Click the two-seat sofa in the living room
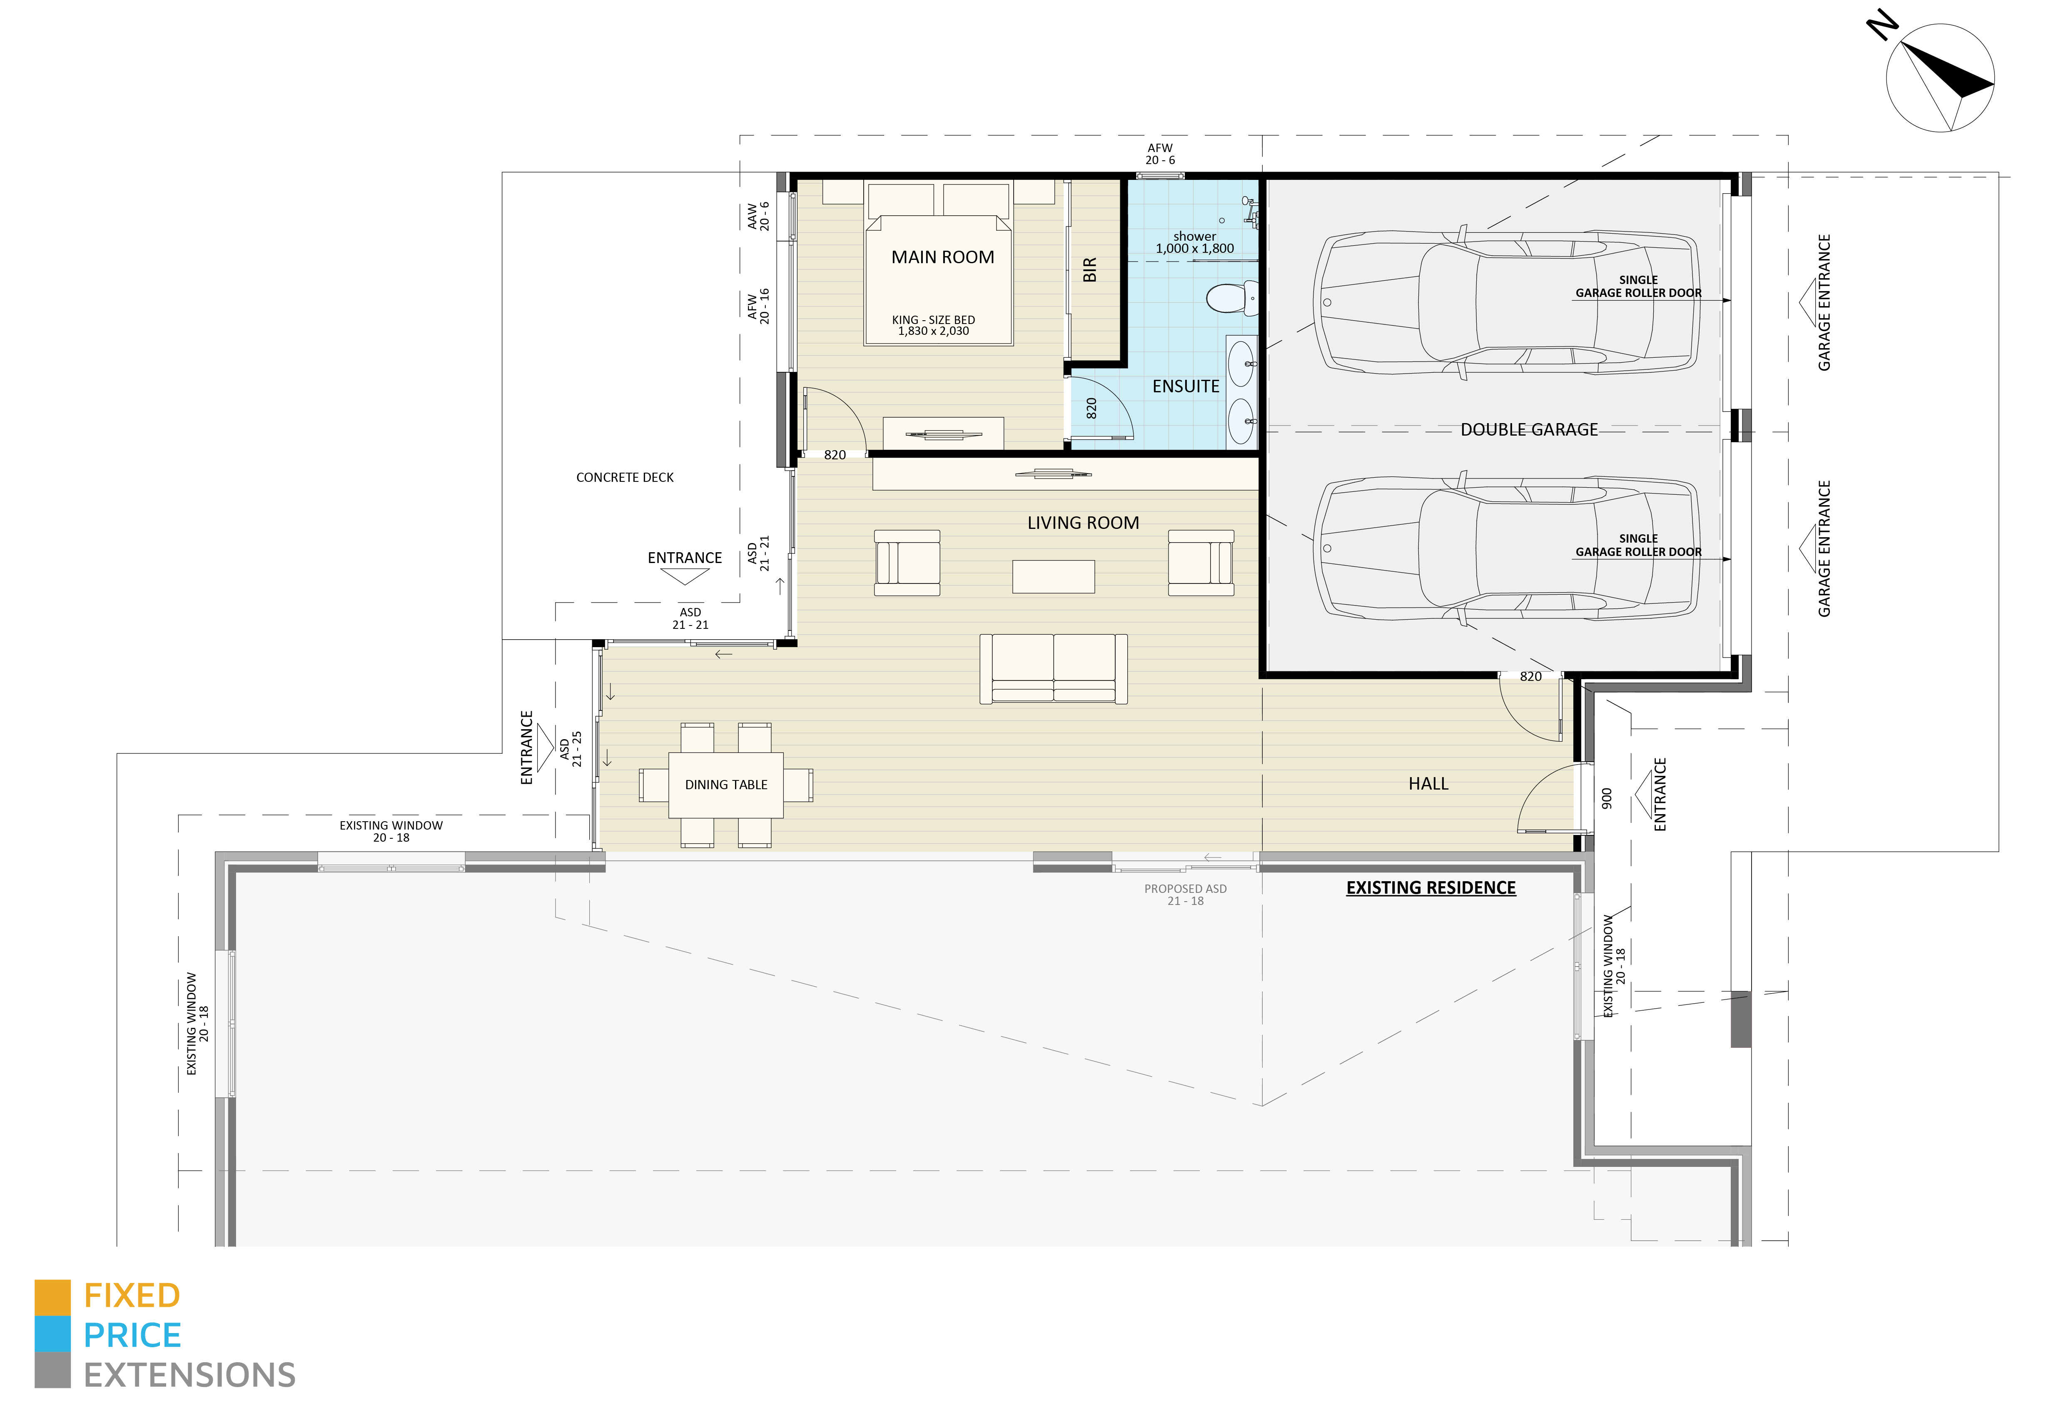tap(1053, 669)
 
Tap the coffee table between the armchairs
tap(1053, 576)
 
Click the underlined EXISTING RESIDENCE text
tap(1430, 888)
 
